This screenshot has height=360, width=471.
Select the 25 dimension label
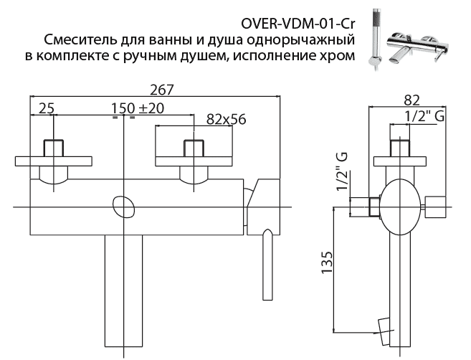(x=45, y=109)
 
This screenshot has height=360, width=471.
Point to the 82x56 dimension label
(x=225, y=119)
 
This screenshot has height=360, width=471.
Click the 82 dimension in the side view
(x=411, y=99)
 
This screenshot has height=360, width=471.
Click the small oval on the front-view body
(x=124, y=207)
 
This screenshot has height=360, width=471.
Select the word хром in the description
(x=338, y=57)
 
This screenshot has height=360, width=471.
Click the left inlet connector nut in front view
(x=53, y=148)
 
